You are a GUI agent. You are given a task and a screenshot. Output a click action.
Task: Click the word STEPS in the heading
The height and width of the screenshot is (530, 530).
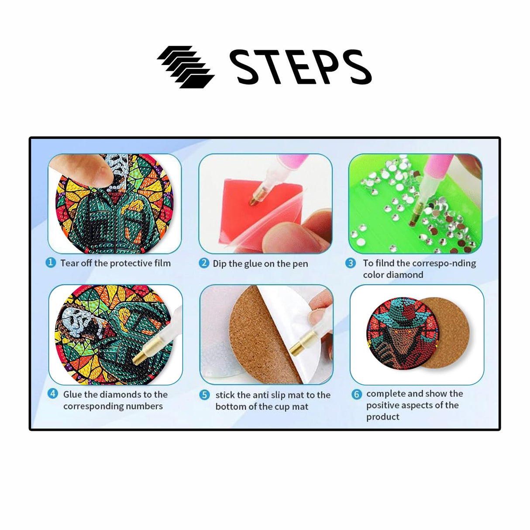[x=300, y=67]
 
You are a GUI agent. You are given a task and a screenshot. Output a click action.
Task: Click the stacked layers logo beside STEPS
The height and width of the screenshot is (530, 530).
[x=186, y=67]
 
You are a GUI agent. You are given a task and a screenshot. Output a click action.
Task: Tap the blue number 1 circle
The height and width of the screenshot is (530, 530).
[x=51, y=263]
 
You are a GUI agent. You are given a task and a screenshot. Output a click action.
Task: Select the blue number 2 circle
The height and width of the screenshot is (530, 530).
[x=204, y=263]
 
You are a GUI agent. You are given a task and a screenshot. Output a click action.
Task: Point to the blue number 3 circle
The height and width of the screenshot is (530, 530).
[x=351, y=263]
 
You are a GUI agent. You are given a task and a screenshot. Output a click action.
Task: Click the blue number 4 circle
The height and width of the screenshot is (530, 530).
[x=53, y=394]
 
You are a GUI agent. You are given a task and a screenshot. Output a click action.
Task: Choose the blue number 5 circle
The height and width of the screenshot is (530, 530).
[x=205, y=395]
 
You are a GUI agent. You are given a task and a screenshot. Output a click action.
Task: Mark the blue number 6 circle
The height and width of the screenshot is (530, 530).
[x=357, y=394]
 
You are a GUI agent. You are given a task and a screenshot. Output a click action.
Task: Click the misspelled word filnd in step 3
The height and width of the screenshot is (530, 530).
[x=385, y=263]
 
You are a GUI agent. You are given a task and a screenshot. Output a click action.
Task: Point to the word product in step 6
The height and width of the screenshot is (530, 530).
[x=382, y=417]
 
